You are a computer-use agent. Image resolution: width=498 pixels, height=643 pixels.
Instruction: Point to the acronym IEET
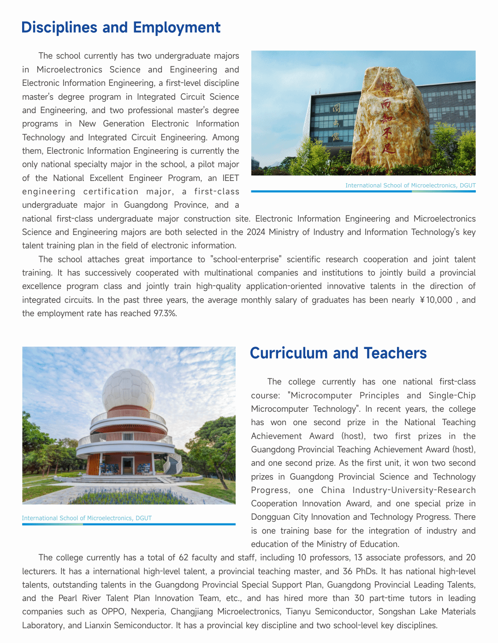(x=231, y=178)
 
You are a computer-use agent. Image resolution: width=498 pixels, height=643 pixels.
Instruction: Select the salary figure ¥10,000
(x=436, y=300)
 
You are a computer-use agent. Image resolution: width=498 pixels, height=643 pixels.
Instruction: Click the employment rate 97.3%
(x=165, y=313)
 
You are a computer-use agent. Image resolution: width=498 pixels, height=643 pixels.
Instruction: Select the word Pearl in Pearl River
(x=68, y=598)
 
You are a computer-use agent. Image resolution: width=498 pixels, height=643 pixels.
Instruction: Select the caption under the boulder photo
(x=410, y=186)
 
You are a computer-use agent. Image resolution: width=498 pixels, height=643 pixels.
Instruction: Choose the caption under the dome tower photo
(x=87, y=518)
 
